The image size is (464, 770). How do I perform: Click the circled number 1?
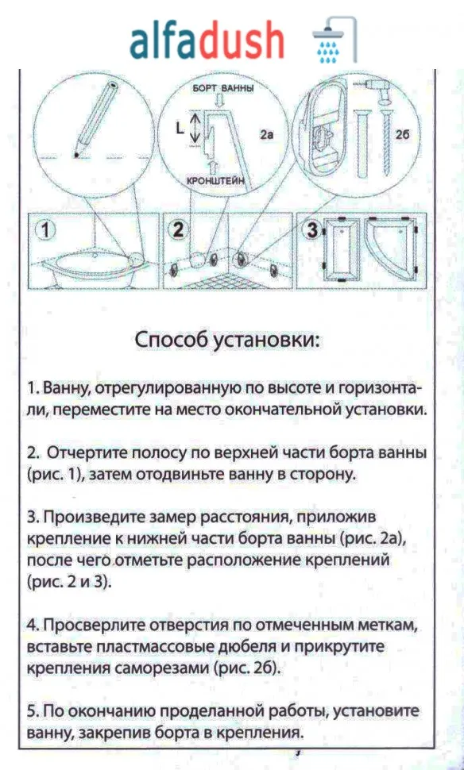point(47,231)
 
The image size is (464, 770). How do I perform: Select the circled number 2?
point(179,231)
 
